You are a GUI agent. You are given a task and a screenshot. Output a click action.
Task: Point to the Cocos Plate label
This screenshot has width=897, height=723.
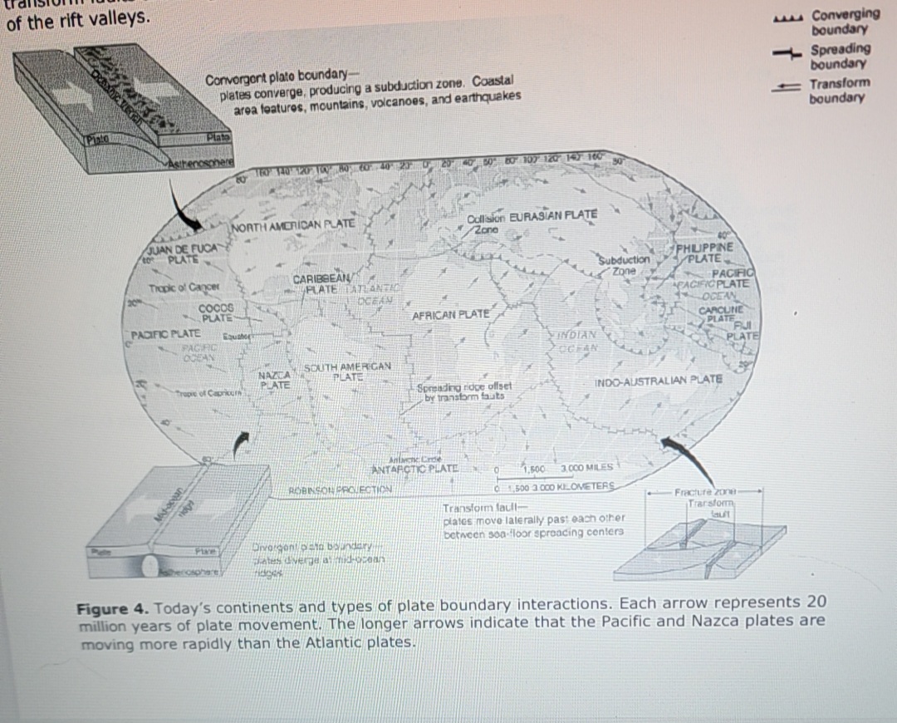point(216,313)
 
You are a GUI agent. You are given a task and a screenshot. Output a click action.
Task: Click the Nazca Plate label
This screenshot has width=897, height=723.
point(274,381)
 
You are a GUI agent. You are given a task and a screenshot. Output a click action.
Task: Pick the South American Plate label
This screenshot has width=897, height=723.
point(348,371)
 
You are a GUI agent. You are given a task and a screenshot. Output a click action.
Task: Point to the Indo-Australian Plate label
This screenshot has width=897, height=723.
point(659,379)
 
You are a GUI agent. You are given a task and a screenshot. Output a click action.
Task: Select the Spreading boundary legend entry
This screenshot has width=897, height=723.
point(840,57)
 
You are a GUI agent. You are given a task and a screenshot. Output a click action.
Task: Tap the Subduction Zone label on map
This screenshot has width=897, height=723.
point(625,264)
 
